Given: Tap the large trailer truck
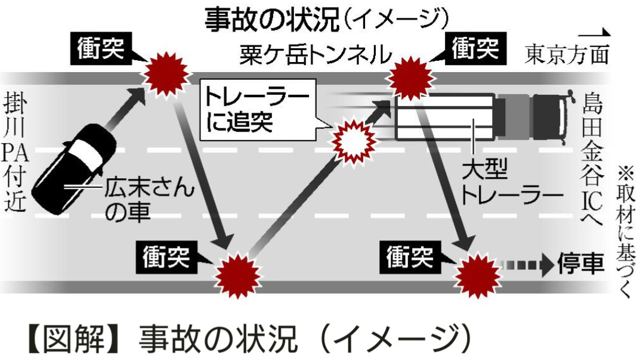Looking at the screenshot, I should point(481,116).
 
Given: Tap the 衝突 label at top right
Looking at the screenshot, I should point(474,48).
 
